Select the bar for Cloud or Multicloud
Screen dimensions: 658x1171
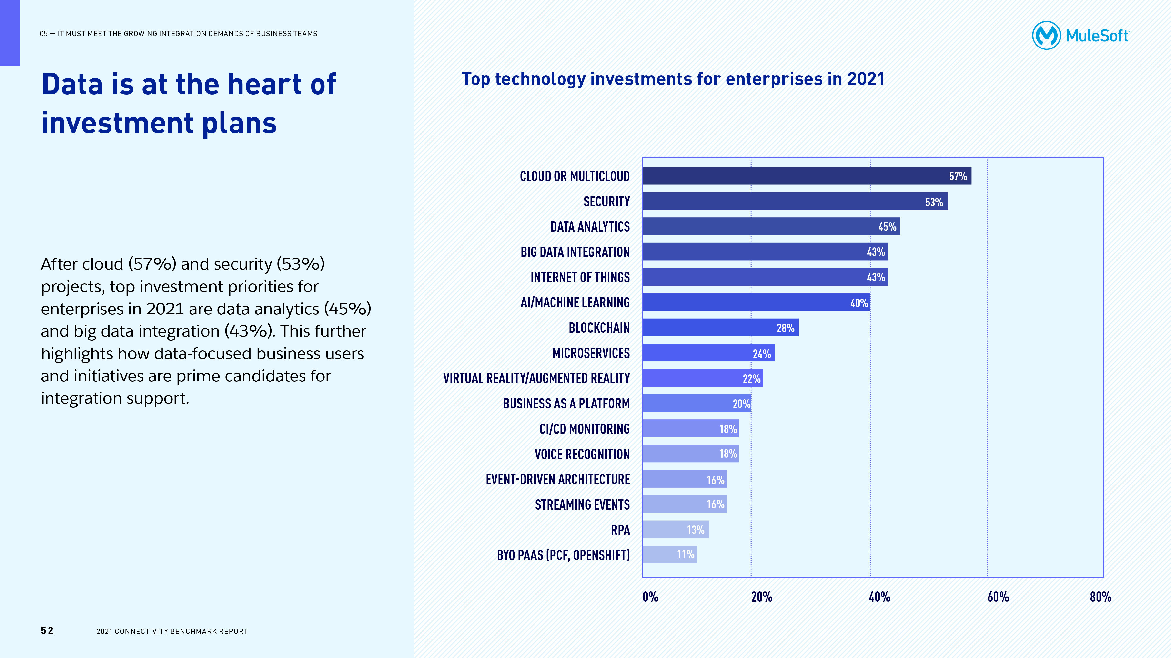click(807, 176)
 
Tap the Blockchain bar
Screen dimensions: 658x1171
click(720, 327)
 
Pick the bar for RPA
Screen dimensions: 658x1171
click(676, 530)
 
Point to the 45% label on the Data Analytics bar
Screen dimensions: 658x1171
click(887, 227)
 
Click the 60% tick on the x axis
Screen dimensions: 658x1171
click(998, 597)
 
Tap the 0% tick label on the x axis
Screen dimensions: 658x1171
click(650, 597)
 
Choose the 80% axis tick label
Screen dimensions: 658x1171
click(1100, 597)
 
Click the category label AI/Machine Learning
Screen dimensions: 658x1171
click(575, 302)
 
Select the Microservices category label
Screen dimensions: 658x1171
click(591, 353)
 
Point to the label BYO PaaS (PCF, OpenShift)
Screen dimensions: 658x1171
click(563, 555)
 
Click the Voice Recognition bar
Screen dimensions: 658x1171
click(690, 454)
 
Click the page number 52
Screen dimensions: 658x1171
click(47, 630)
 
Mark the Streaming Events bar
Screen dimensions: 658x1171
click(685, 504)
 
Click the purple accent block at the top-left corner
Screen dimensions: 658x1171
click(10, 33)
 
